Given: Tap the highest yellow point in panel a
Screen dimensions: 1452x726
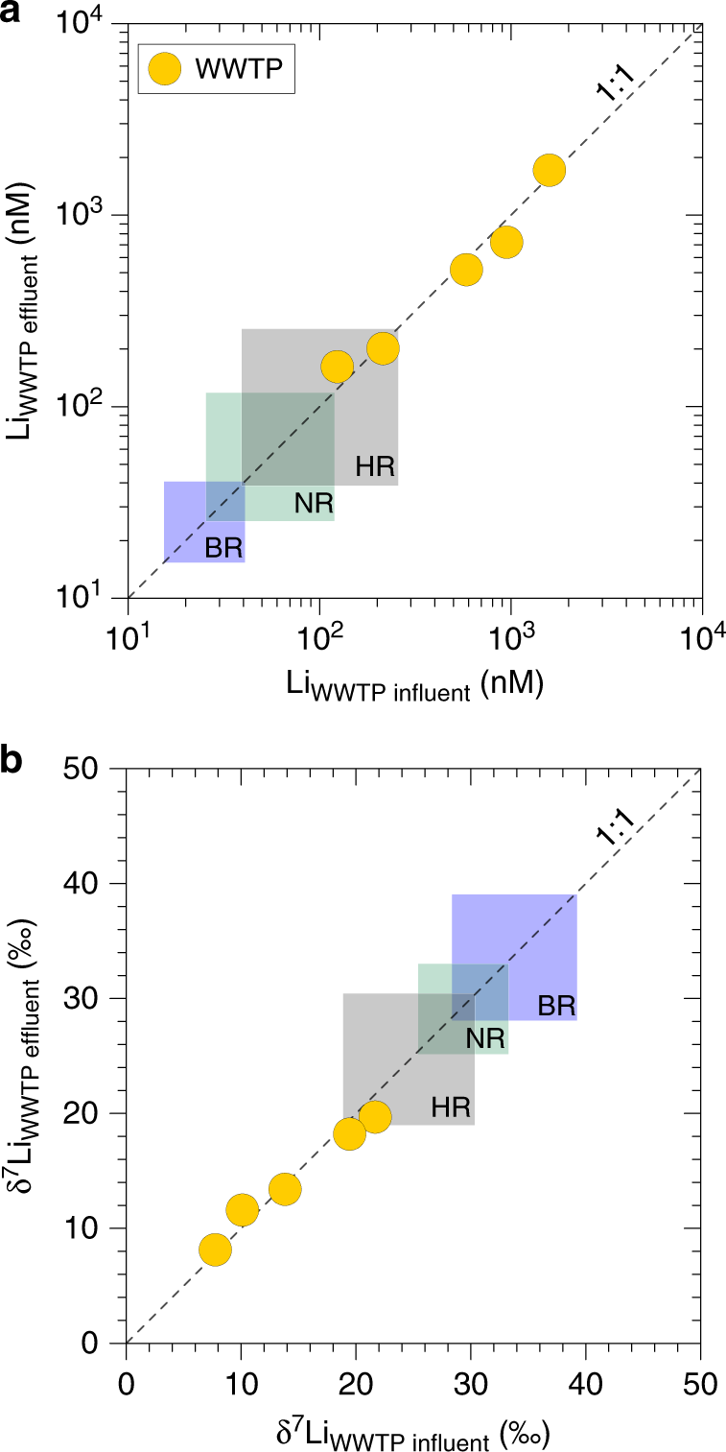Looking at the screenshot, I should click(549, 170).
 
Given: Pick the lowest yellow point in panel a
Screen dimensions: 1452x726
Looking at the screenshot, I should click(337, 367).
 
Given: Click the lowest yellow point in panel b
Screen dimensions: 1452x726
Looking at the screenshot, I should click(215, 1250).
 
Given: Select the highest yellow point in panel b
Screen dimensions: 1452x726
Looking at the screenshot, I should click(375, 1116).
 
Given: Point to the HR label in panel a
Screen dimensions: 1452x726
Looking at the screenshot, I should click(374, 466).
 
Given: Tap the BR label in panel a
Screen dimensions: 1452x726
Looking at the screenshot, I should click(222, 548).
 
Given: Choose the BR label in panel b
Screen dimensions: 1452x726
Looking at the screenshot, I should click(556, 1006).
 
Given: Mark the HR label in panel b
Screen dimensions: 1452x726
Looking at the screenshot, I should click(450, 1107).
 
